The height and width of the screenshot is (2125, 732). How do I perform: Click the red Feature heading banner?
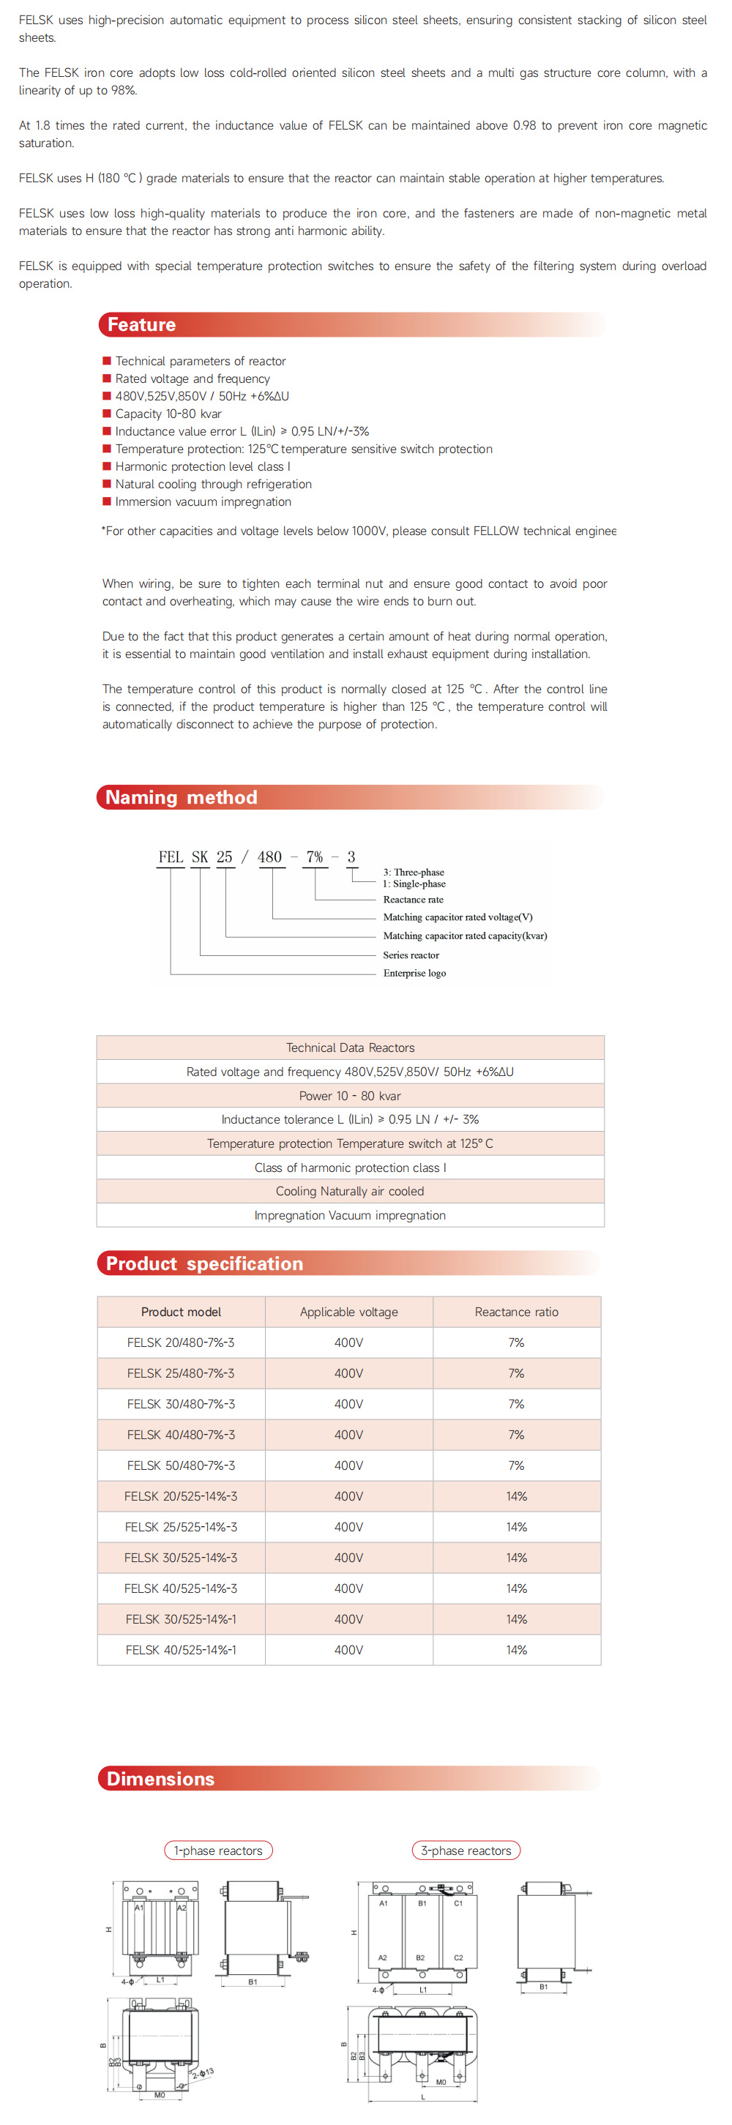pos(142,324)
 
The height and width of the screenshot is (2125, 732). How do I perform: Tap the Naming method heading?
pos(182,797)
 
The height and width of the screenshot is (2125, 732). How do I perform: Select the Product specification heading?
pos(205,1263)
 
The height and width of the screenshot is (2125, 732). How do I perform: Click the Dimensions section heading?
pos(161,1779)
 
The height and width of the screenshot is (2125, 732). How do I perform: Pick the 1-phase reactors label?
pos(218,1850)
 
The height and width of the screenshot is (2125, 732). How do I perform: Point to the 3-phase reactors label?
pos(466,1850)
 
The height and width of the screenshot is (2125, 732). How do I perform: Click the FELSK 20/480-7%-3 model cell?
pos(181,1342)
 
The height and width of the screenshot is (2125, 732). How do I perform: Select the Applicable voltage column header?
pos(348,1312)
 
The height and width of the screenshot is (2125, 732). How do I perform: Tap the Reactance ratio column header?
pos(516,1312)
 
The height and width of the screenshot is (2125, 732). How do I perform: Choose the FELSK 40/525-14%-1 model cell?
pos(181,1650)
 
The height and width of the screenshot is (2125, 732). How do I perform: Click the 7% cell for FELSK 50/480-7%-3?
pos(516,1465)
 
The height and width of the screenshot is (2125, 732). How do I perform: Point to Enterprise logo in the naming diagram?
pos(414,974)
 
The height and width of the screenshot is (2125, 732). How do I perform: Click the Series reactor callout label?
pos(411,955)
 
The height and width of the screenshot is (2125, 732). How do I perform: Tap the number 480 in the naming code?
pos(270,857)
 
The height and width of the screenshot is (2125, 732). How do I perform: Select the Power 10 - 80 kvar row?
pos(350,1096)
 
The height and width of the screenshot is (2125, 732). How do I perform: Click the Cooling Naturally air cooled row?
pos(350,1191)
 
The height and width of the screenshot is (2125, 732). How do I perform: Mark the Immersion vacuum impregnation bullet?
pos(203,501)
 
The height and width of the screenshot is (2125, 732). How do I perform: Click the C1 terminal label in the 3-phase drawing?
pos(458,1903)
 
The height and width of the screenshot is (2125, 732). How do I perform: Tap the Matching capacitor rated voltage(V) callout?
pos(457,917)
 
